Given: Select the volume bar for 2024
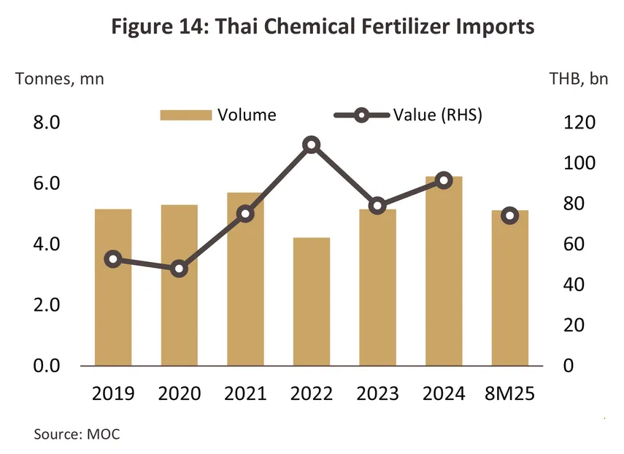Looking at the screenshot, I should [x=444, y=270].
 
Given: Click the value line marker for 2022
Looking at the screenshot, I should [x=312, y=145].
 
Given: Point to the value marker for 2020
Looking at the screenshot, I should [x=180, y=269].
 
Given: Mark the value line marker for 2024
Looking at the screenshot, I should [x=444, y=180].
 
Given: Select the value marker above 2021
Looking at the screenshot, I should [x=245, y=214].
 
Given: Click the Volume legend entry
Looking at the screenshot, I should [x=218, y=115].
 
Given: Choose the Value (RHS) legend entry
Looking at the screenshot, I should [x=408, y=115].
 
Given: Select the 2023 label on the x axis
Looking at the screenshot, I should [x=377, y=393].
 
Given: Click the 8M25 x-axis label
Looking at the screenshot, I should [x=510, y=393].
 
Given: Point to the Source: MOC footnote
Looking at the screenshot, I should [x=77, y=434].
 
